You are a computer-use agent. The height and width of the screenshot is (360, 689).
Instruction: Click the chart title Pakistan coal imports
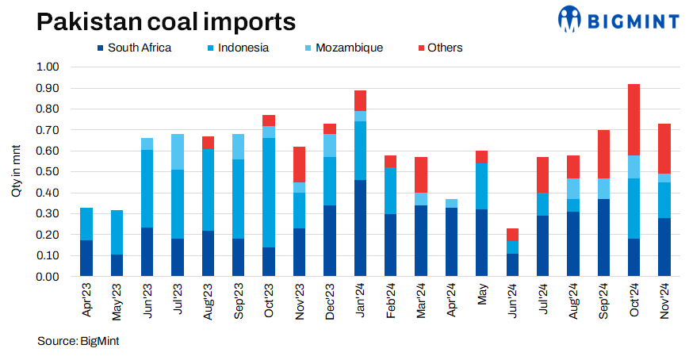(155, 21)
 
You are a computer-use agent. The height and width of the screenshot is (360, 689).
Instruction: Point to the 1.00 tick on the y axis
(48, 67)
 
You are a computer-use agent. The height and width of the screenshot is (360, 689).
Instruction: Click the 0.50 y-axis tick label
(48, 171)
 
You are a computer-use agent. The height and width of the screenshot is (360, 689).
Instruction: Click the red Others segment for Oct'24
(634, 119)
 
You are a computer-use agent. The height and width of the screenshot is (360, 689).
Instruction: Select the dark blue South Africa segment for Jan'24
(361, 228)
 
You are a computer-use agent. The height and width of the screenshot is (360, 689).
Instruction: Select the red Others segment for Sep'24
(604, 154)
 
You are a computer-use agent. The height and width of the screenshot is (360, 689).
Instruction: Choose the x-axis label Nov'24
(665, 301)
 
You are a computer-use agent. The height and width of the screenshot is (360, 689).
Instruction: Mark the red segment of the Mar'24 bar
(422, 174)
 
